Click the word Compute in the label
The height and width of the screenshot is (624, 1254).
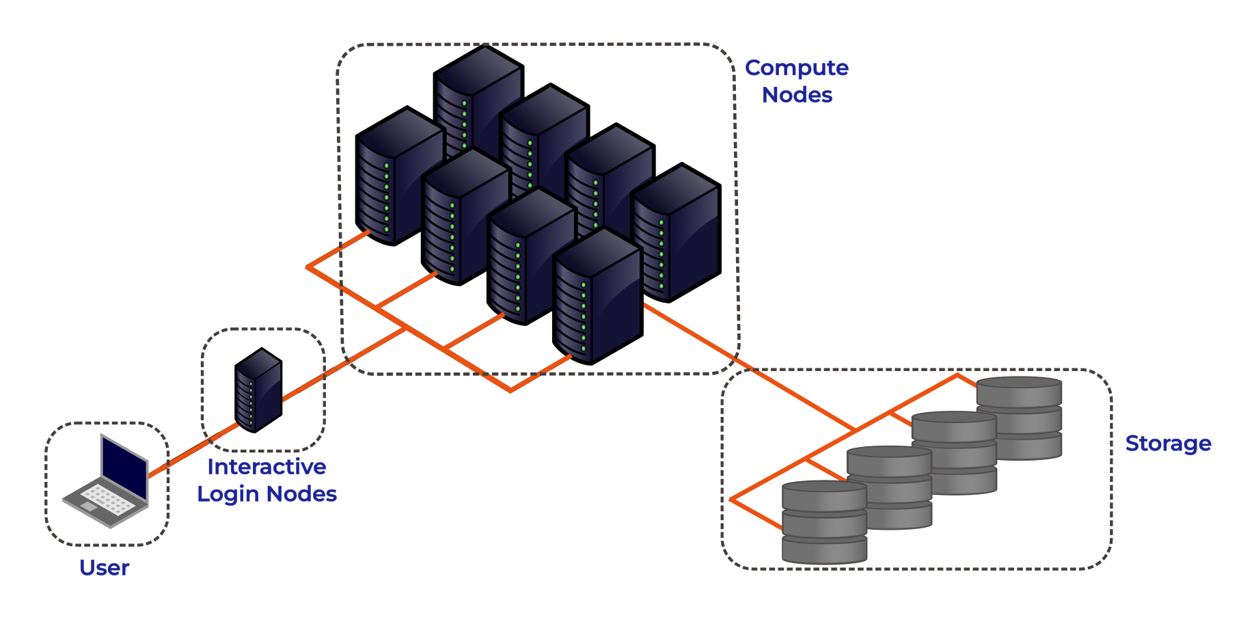pyautogui.click(x=796, y=68)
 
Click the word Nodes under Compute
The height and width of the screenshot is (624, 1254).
pyautogui.click(x=797, y=95)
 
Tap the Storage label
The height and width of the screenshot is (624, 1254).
pyautogui.click(x=1168, y=444)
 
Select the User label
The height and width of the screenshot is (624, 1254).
pyautogui.click(x=104, y=567)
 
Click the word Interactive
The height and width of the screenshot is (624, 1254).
pyautogui.click(x=267, y=467)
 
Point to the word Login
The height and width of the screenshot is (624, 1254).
pyautogui.click(x=229, y=494)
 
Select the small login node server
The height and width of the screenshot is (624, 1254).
pyautogui.click(x=258, y=390)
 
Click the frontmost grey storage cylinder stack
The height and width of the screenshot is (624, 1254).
pyautogui.click(x=824, y=523)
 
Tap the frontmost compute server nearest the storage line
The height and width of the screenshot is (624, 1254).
pyautogui.click(x=596, y=297)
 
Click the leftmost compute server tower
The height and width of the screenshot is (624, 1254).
pyautogui.click(x=396, y=178)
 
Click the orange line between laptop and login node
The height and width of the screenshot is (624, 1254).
pyautogui.click(x=191, y=451)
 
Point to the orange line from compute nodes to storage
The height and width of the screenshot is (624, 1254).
pyautogui.click(x=752, y=370)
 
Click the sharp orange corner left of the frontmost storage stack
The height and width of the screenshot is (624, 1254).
pyautogui.click(x=730, y=500)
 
